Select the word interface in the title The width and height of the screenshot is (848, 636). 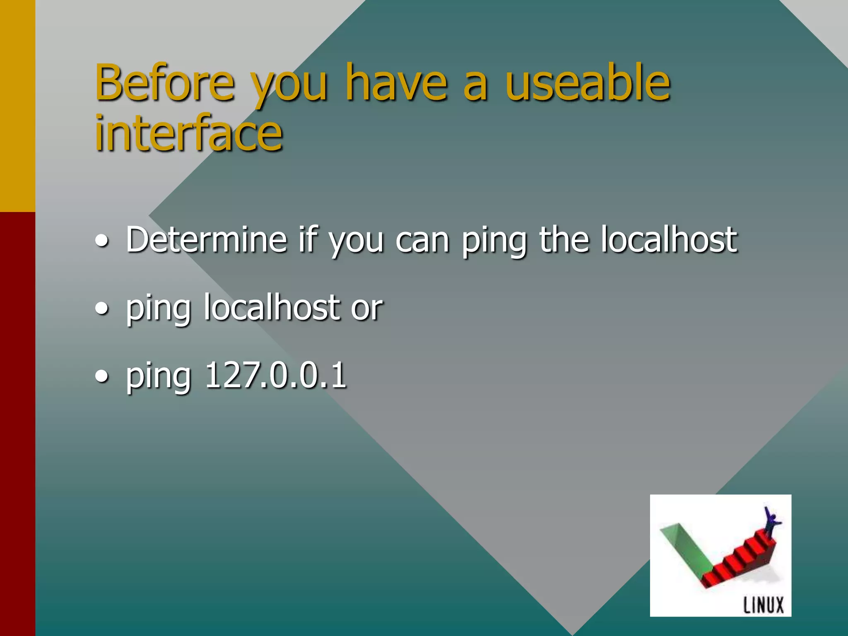(x=188, y=133)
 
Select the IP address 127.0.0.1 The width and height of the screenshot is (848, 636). (x=275, y=375)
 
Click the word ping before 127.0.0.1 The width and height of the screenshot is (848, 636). (x=158, y=377)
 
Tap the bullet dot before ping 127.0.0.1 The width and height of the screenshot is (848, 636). (x=102, y=376)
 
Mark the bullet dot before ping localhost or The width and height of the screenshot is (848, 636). (x=102, y=308)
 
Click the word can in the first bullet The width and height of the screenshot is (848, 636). (x=422, y=240)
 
